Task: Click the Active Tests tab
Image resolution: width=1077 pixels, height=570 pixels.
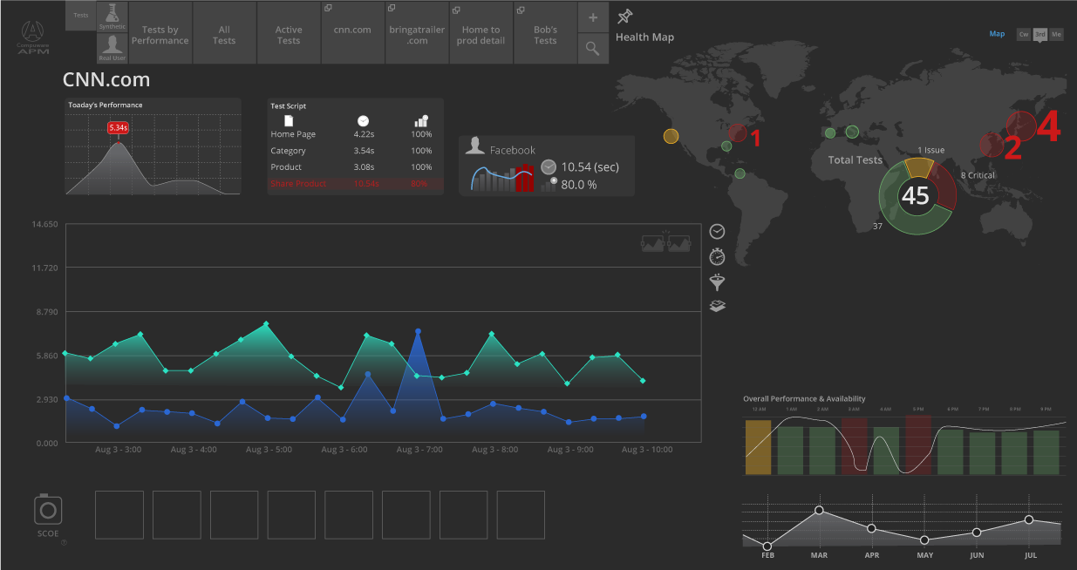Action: [289, 34]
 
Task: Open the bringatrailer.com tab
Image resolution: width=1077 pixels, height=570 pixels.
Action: [418, 34]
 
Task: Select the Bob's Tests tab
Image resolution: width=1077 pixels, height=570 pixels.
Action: [545, 34]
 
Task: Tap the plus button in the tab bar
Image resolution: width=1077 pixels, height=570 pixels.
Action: [593, 17]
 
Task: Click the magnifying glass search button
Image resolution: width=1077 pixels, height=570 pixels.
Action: [593, 49]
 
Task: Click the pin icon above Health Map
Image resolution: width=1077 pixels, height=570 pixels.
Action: [624, 17]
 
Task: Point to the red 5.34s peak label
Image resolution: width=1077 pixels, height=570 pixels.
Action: [119, 128]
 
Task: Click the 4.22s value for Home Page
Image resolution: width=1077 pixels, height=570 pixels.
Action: [364, 134]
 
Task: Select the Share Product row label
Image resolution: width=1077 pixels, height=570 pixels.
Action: [298, 184]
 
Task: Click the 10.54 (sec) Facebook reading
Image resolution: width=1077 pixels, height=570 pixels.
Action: [590, 166]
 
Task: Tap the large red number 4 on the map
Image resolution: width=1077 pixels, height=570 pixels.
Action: [1048, 127]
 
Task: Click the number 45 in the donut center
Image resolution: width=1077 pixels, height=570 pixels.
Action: [916, 196]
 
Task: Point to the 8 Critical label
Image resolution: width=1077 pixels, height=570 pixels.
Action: [978, 175]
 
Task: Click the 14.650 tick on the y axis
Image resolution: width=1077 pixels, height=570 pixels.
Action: [44, 225]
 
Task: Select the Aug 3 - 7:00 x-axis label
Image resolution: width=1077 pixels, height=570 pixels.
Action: [419, 450]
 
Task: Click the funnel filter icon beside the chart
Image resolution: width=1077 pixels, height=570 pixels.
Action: [717, 282]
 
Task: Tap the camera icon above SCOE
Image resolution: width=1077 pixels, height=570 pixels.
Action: [48, 509]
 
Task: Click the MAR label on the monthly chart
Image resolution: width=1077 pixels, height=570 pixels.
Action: [819, 555]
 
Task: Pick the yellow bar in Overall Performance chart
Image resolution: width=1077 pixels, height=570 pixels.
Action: [758, 447]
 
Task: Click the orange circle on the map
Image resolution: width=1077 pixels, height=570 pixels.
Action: [671, 136]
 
